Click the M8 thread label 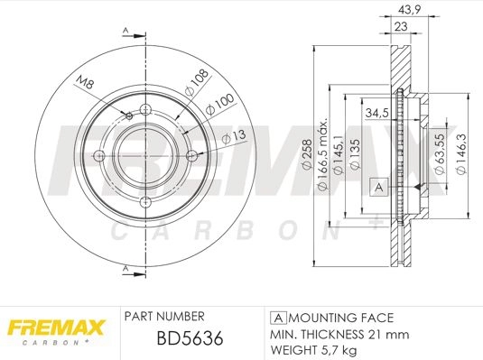click(x=84, y=82)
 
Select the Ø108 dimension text click(x=197, y=82)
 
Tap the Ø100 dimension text click(x=219, y=105)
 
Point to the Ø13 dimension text click(x=234, y=137)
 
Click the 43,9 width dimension click(x=409, y=10)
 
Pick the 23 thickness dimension click(x=401, y=26)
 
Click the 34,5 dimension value click(x=376, y=114)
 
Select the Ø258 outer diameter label click(x=307, y=154)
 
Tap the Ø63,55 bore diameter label click(x=440, y=154)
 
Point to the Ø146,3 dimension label click(x=461, y=154)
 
